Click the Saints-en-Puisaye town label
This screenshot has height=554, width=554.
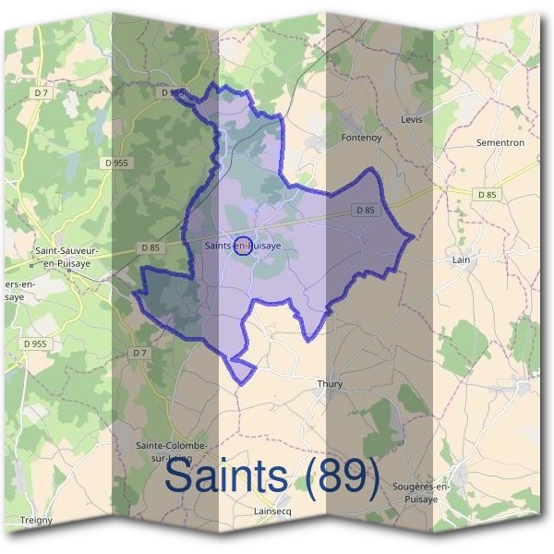(x=242, y=247)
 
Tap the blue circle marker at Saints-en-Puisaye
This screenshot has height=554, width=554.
(x=244, y=245)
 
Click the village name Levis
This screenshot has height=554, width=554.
(x=411, y=120)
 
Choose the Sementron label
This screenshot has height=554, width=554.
(x=500, y=143)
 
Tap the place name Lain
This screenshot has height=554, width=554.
(x=462, y=260)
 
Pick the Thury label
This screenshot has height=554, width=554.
(x=330, y=384)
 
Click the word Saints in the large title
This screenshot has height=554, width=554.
(x=226, y=477)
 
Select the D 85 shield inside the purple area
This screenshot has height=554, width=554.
(x=366, y=211)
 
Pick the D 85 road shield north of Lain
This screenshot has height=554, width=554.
(x=488, y=194)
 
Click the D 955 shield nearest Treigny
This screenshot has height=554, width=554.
(x=35, y=343)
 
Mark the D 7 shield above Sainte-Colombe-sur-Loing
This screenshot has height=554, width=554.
(x=139, y=353)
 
